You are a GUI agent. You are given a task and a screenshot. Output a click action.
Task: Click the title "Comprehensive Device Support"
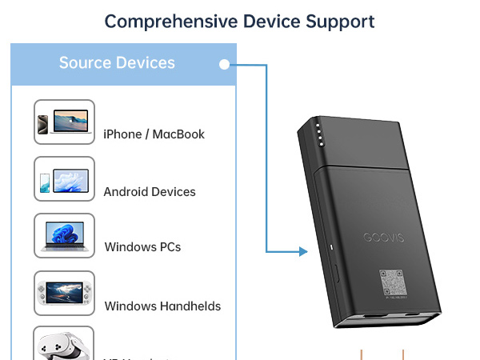click(239, 21)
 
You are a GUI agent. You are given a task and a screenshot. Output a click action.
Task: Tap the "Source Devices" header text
click(117, 63)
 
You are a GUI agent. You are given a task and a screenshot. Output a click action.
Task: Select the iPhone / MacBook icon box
click(64, 122)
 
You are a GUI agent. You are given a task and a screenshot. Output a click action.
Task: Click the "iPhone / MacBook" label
click(154, 134)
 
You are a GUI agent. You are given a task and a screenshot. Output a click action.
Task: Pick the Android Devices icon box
click(64, 179)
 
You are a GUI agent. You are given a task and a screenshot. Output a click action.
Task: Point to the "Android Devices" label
click(150, 192)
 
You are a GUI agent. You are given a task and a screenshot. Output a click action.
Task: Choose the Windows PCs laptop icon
click(64, 235)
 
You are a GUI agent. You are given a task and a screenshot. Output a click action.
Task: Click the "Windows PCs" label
click(142, 247)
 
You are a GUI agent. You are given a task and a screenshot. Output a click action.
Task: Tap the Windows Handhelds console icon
click(64, 293)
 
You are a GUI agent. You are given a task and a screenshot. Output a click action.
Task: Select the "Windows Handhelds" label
click(162, 306)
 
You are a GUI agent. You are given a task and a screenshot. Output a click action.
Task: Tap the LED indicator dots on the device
click(318, 134)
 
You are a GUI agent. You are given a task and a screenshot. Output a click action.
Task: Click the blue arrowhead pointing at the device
click(303, 252)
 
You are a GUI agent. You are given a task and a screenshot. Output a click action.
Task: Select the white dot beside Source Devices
click(225, 64)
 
